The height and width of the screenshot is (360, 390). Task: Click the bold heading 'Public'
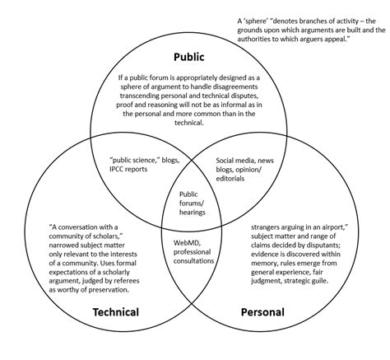pyautogui.click(x=188, y=57)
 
